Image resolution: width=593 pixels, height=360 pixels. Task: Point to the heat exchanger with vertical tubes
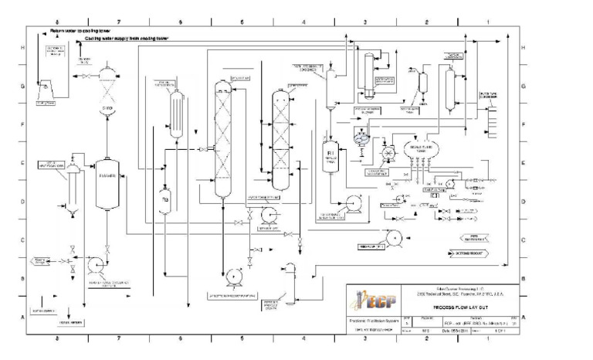point(176,114)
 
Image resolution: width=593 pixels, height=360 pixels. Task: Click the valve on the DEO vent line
point(83,77)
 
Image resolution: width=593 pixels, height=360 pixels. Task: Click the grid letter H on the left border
point(21,48)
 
